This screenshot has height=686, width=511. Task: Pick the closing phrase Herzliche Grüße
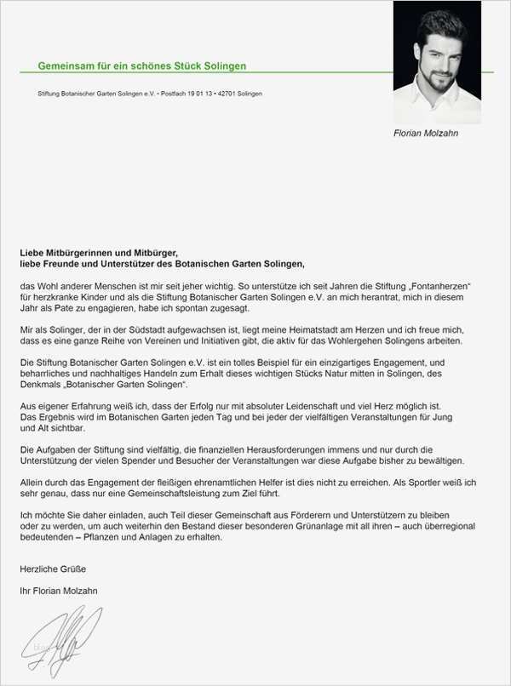pos(53,568)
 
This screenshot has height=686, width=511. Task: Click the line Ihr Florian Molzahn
pos(59,590)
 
